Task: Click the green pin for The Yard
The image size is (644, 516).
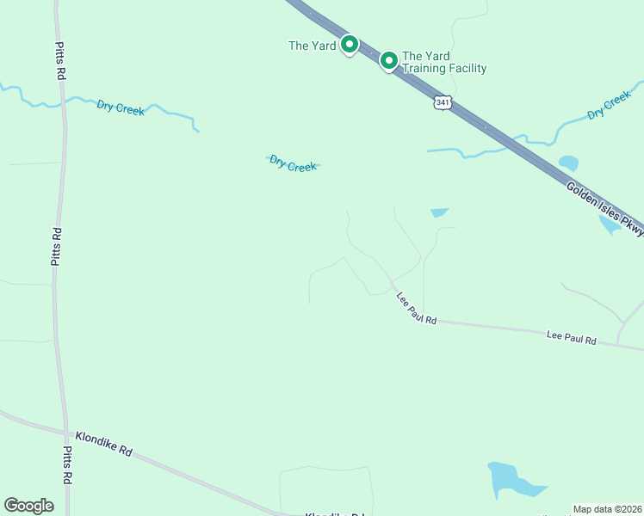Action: [349, 44]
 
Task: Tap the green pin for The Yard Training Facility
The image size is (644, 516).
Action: [388, 59]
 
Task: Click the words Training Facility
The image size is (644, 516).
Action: [444, 68]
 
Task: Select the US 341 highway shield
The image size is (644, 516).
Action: [442, 102]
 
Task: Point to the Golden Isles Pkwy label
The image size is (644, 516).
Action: [604, 208]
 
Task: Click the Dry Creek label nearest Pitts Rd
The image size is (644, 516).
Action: [121, 107]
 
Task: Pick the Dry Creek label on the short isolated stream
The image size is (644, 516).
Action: [293, 163]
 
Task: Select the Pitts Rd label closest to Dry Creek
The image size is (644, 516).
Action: [60, 62]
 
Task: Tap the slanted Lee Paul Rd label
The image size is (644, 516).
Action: [417, 309]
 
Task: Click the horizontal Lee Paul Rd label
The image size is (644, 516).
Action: [572, 337]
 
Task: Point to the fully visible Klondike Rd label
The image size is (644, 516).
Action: [103, 443]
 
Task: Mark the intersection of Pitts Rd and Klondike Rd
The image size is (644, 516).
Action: [65, 432]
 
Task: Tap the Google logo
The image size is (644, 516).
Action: [28, 505]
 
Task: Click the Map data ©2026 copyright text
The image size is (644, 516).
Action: [607, 509]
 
